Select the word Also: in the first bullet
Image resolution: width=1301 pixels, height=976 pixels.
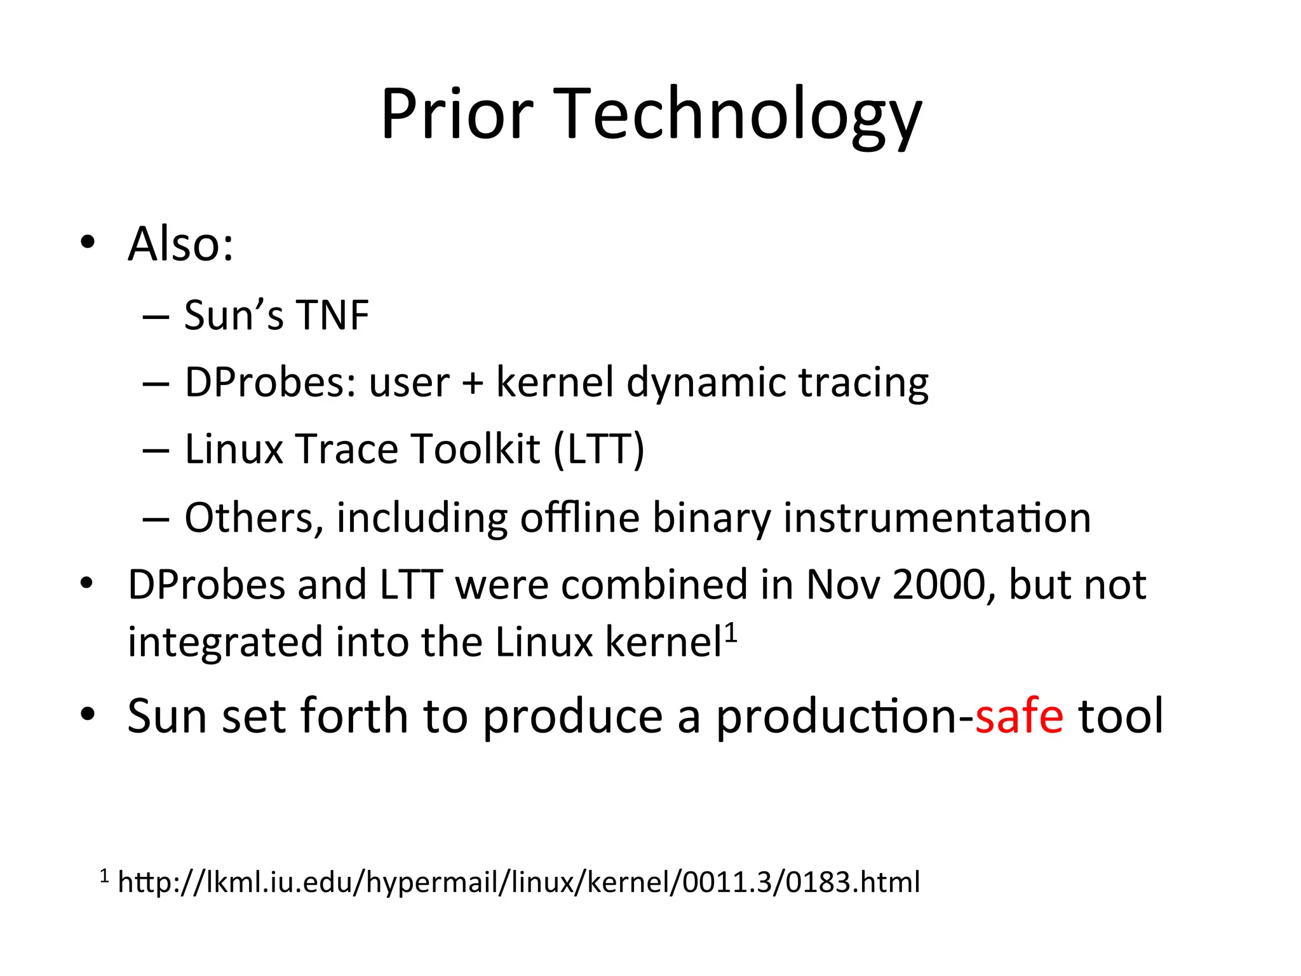point(180,244)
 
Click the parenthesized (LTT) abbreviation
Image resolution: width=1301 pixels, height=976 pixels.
point(598,450)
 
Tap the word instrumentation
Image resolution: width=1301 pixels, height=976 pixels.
point(937,518)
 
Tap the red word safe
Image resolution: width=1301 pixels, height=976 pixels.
point(1019,717)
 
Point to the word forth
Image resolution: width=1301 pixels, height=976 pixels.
point(353,717)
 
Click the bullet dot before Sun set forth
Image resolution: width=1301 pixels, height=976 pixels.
point(88,714)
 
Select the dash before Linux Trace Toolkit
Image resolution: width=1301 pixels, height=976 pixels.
point(156,451)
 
